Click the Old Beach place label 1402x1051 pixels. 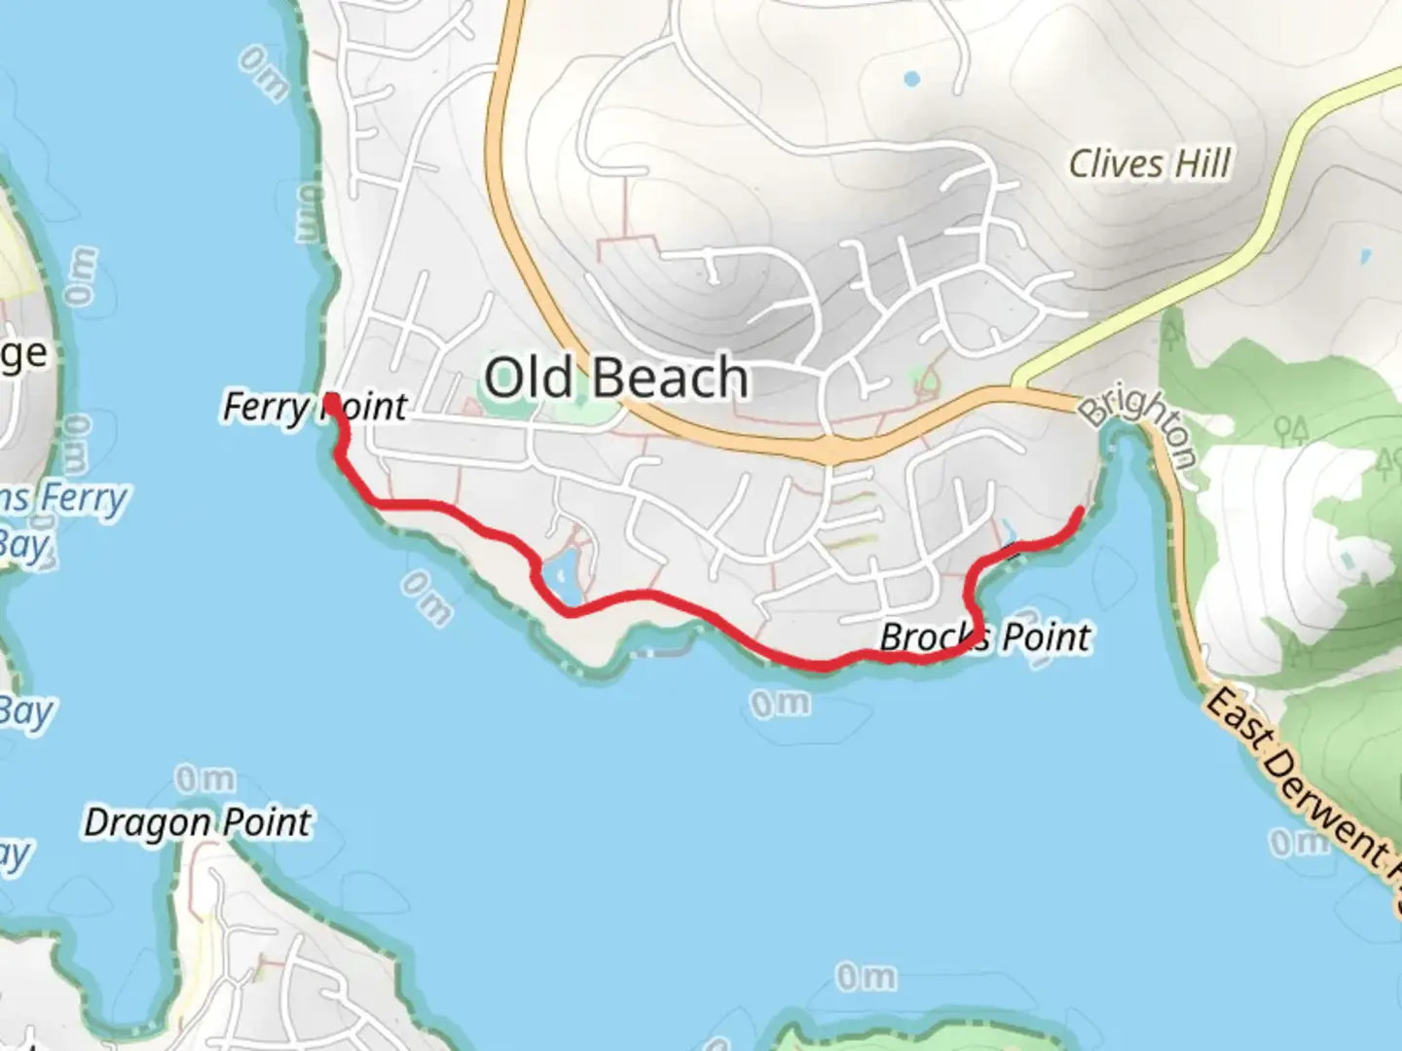tap(616, 378)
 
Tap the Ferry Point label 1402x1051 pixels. tap(314, 406)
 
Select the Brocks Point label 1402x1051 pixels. tap(984, 637)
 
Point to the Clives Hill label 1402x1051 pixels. tap(1150, 163)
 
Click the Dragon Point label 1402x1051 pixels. tap(198, 823)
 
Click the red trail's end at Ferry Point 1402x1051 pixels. tap(330, 401)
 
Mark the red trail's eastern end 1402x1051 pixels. tap(1081, 511)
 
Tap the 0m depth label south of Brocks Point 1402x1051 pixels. tap(780, 704)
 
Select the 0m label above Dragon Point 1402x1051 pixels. tap(204, 779)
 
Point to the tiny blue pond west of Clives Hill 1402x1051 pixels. tap(911, 79)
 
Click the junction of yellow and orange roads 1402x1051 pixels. tap(1017, 386)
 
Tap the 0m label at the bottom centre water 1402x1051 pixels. tap(866, 976)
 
